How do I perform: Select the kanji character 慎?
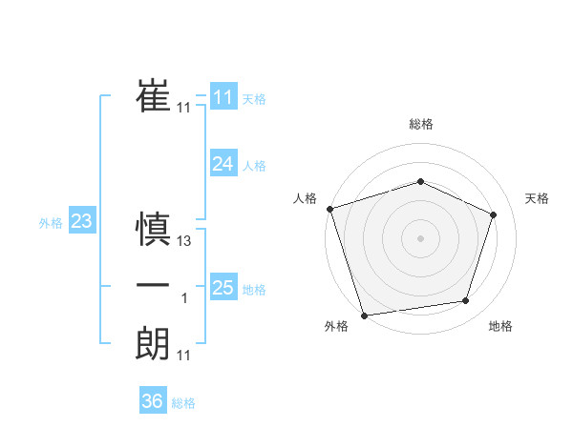click(x=154, y=229)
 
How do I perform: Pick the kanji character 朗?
click(x=154, y=341)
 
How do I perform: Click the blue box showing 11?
click(x=223, y=98)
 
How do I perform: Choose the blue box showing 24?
click(x=223, y=164)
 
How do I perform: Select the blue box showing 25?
click(x=223, y=287)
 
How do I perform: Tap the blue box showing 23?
click(x=82, y=222)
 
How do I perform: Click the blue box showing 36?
click(x=152, y=401)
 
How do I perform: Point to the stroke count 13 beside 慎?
click(x=185, y=242)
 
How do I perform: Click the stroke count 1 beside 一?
click(x=184, y=298)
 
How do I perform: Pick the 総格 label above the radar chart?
click(x=420, y=124)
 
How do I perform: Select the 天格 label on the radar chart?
click(x=538, y=198)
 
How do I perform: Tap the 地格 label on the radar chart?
click(x=500, y=326)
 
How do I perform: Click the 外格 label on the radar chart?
click(x=336, y=326)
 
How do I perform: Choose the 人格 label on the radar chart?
click(x=305, y=198)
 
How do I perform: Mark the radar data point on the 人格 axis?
click(x=329, y=208)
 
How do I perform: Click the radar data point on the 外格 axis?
click(x=364, y=315)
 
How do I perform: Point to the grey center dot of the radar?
click(x=420, y=237)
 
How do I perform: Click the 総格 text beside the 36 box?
click(x=183, y=403)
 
